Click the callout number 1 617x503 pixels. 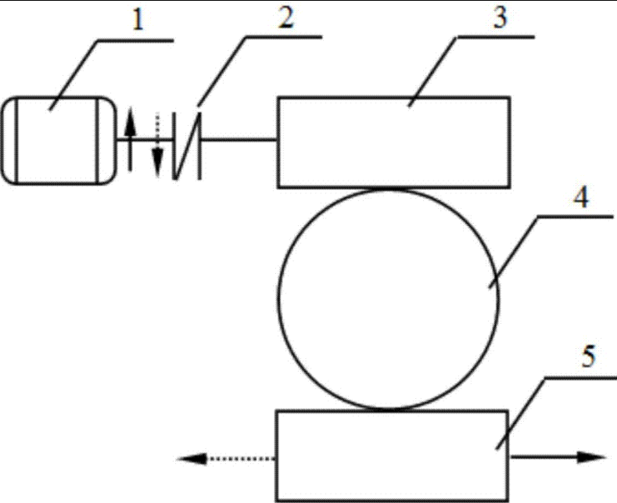pos(138,18)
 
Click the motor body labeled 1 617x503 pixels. pos(58,140)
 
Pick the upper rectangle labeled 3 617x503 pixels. pos(394,142)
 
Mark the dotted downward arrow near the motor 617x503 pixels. pos(157,144)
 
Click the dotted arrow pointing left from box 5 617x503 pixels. pos(226,458)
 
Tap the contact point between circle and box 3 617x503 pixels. pos(388,188)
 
